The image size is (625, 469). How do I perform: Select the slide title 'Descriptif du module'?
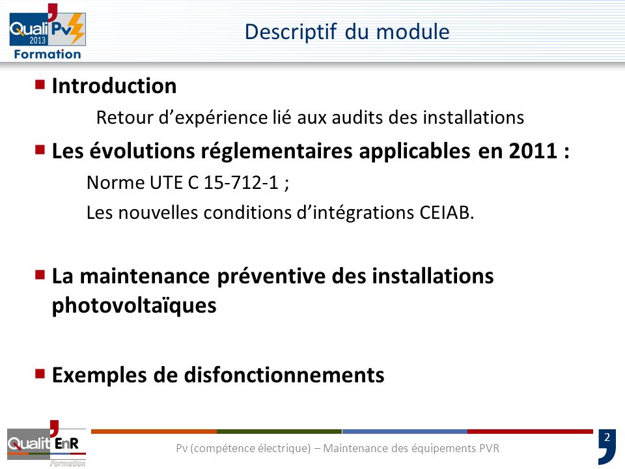pos(347,31)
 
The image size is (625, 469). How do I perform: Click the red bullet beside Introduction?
pos(40,84)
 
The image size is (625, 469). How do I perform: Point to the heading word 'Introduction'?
pos(114,86)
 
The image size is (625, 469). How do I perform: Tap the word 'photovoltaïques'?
pos(133,306)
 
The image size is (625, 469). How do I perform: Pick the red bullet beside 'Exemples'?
pos(40,374)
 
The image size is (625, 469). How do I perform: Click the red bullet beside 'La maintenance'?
pos(40,274)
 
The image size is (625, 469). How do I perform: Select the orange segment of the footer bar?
pos(154,431)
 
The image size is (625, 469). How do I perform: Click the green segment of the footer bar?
pos(279,431)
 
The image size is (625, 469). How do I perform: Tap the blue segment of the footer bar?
pos(404,431)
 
